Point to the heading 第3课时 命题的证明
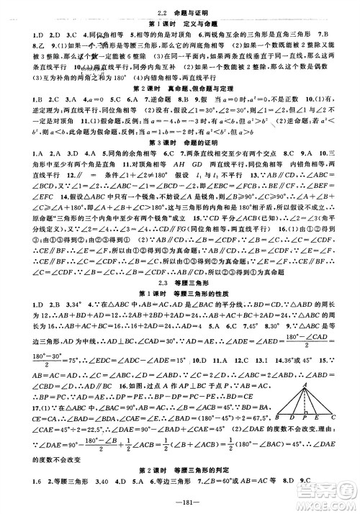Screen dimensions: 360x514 pyautogui.click(x=179, y=153)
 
